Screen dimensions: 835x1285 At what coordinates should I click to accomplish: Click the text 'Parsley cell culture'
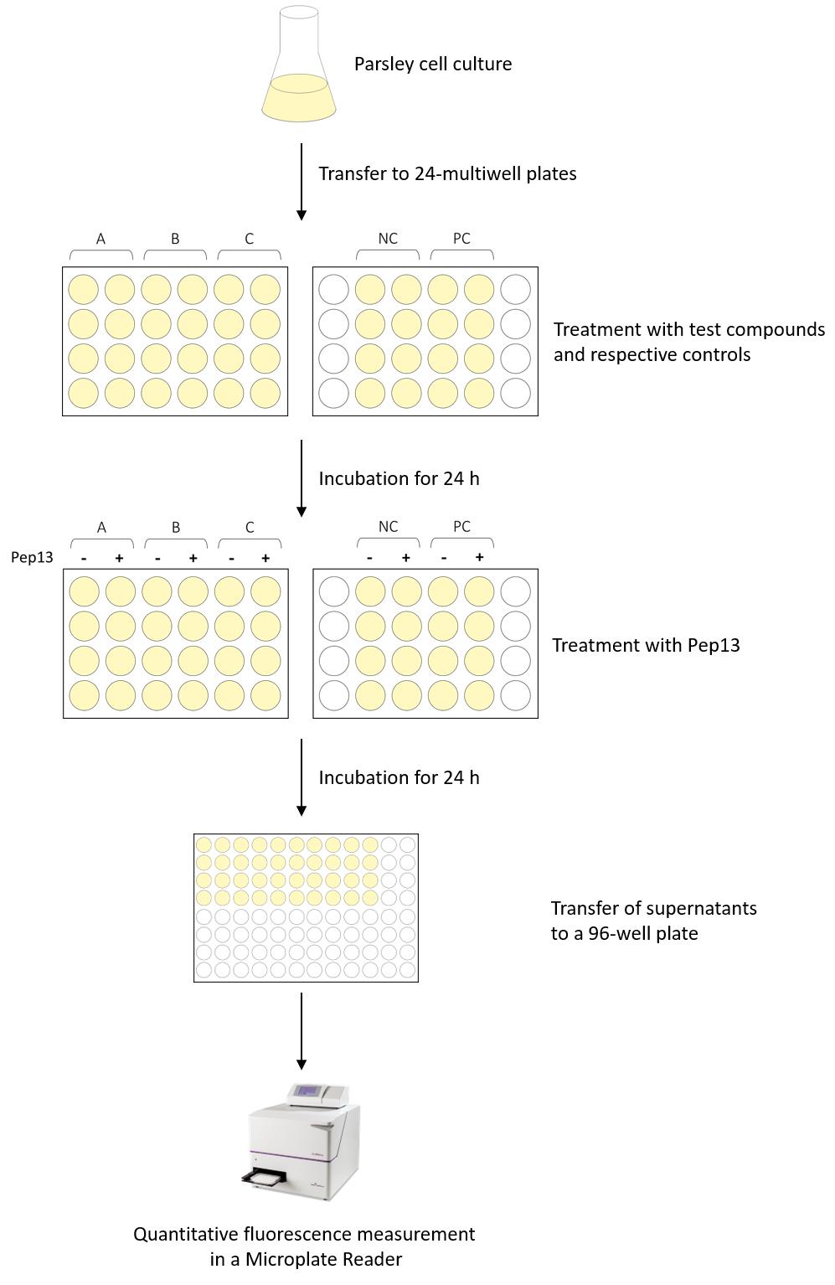point(433,64)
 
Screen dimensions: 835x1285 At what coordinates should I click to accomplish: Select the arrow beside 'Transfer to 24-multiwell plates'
point(301,182)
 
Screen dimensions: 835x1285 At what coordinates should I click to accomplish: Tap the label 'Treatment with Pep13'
point(646,645)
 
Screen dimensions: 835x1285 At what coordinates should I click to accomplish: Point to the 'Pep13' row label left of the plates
point(32,557)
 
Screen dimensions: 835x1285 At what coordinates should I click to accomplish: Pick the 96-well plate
point(306,908)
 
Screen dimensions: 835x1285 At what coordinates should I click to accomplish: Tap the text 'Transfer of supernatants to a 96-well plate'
point(654,921)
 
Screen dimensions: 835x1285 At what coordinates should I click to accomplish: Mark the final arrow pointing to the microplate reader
point(301,1031)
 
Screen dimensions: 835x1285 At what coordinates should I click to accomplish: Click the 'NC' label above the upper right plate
point(388,239)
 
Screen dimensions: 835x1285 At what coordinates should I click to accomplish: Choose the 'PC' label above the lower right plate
point(461,527)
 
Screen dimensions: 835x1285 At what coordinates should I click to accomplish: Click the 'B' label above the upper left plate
point(175,240)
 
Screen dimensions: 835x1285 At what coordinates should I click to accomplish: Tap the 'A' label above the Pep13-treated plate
point(101,527)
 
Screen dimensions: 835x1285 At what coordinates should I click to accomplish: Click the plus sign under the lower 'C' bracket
point(265,558)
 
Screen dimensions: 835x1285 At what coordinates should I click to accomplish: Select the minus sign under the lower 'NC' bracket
point(370,558)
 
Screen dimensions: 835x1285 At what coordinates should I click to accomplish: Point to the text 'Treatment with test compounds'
point(689,330)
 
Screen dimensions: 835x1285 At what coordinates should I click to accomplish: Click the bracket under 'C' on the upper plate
point(250,252)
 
